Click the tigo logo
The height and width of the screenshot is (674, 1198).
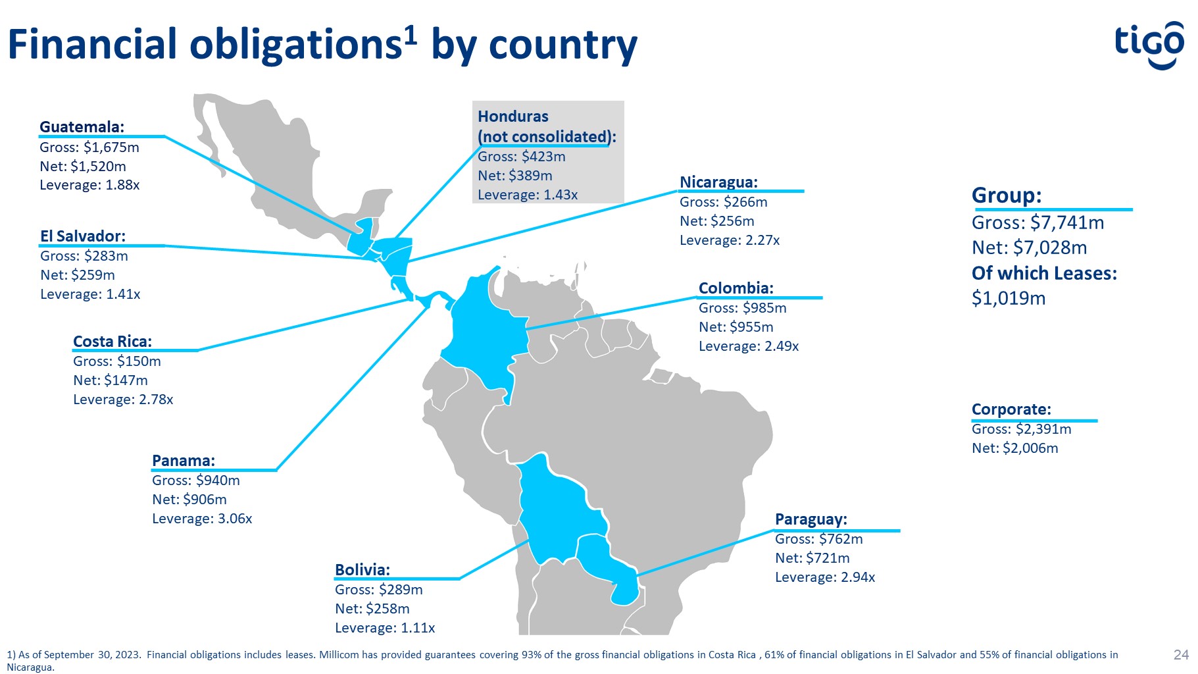(x=1149, y=45)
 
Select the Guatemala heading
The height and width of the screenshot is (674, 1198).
(x=82, y=127)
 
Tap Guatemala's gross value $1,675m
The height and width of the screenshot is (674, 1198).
(x=111, y=147)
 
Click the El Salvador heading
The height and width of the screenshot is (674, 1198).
(x=83, y=236)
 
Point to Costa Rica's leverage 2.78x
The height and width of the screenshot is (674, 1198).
(x=156, y=400)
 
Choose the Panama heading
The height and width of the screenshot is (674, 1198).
(x=184, y=461)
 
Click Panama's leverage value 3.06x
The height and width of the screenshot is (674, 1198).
(x=235, y=519)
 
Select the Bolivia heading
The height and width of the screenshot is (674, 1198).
(x=362, y=570)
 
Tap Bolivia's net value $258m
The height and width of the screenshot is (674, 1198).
(x=387, y=609)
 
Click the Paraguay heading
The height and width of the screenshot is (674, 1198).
(x=811, y=519)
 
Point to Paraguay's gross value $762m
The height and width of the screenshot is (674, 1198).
(x=841, y=539)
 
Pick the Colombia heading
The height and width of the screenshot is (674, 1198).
(x=736, y=288)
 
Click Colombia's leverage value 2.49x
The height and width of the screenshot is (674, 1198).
(x=782, y=346)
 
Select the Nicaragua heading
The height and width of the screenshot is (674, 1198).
(x=719, y=182)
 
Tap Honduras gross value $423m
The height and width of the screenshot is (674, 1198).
(x=543, y=157)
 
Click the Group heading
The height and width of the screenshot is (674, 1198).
(x=1007, y=195)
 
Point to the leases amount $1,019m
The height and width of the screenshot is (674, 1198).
(x=1009, y=299)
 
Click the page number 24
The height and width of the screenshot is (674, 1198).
(x=1181, y=654)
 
